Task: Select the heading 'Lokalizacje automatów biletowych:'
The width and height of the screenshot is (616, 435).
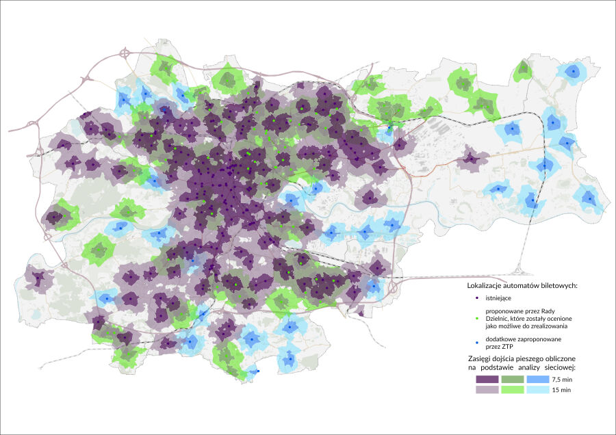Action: click(x=522, y=285)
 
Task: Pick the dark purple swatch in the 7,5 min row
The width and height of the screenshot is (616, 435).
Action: click(x=487, y=379)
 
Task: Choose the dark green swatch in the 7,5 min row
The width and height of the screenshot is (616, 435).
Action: click(x=513, y=379)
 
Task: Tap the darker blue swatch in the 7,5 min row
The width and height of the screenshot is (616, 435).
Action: click(x=539, y=379)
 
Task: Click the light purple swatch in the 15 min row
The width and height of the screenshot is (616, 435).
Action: click(x=487, y=390)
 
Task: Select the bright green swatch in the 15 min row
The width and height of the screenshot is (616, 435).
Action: click(x=513, y=390)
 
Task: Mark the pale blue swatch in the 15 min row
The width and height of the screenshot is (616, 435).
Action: click(x=539, y=390)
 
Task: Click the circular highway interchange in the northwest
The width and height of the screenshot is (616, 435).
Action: click(x=125, y=52)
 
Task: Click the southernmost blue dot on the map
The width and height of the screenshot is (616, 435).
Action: click(x=257, y=371)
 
